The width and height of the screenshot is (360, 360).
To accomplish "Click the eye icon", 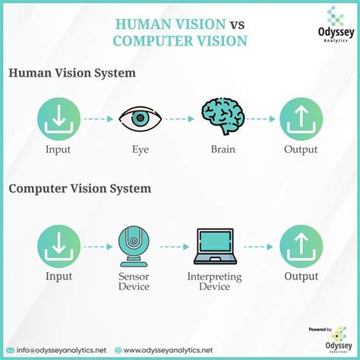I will (x=139, y=118).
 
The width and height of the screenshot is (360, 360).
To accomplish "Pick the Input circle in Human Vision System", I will (x=58, y=118).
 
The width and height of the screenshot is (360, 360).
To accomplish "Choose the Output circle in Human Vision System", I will (x=300, y=118).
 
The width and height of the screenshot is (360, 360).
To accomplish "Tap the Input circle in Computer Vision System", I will (x=58, y=248).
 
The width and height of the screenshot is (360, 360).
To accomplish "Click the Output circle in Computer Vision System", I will (x=300, y=248).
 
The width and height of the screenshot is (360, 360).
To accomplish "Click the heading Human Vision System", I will (x=72, y=73).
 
